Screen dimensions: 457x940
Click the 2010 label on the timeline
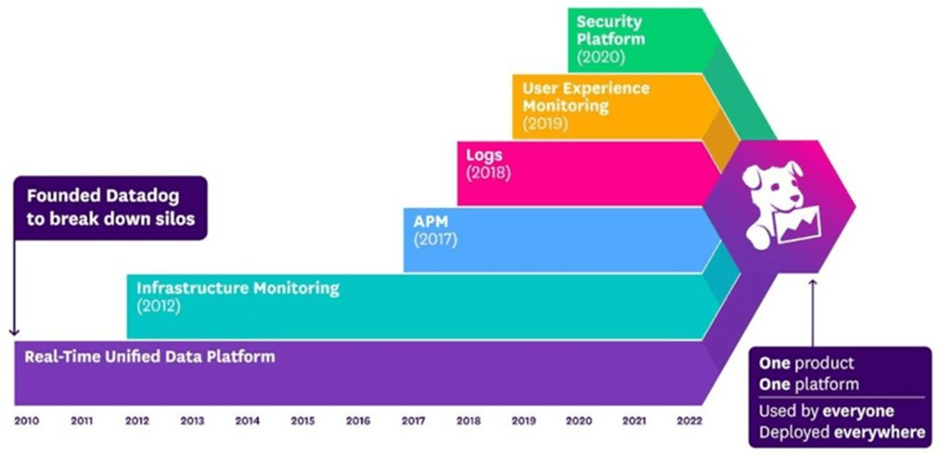click(25, 421)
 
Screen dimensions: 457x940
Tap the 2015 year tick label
click(302, 421)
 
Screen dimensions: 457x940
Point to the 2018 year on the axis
click(468, 421)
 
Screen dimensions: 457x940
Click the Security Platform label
click(610, 30)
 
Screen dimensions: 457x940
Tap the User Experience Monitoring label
click(585, 97)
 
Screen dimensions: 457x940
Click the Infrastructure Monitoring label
click(238, 288)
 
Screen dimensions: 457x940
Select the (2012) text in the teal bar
click(159, 306)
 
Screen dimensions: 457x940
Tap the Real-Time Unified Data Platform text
click(149, 356)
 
